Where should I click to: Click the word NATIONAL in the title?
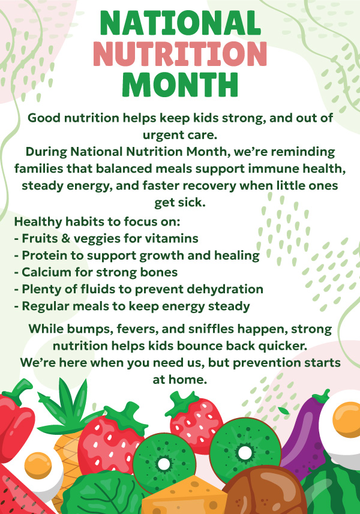pos(180,23)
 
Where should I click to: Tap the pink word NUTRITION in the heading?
pos(180,54)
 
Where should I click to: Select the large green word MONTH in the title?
pos(180,85)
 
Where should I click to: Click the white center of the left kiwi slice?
pos(164,464)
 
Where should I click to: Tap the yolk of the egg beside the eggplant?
pos(347,420)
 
